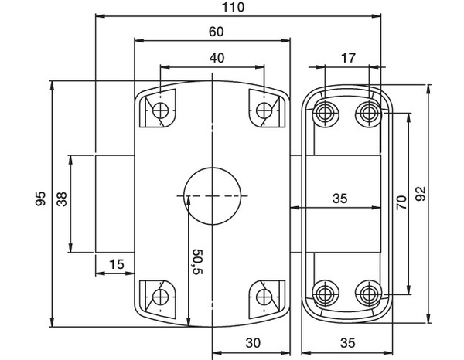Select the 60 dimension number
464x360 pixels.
(216, 32)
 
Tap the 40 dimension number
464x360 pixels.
(216, 59)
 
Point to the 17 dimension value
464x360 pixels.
(347, 59)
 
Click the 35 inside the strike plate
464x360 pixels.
(339, 199)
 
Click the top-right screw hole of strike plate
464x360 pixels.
(367, 114)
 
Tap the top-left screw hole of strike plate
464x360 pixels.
(324, 114)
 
